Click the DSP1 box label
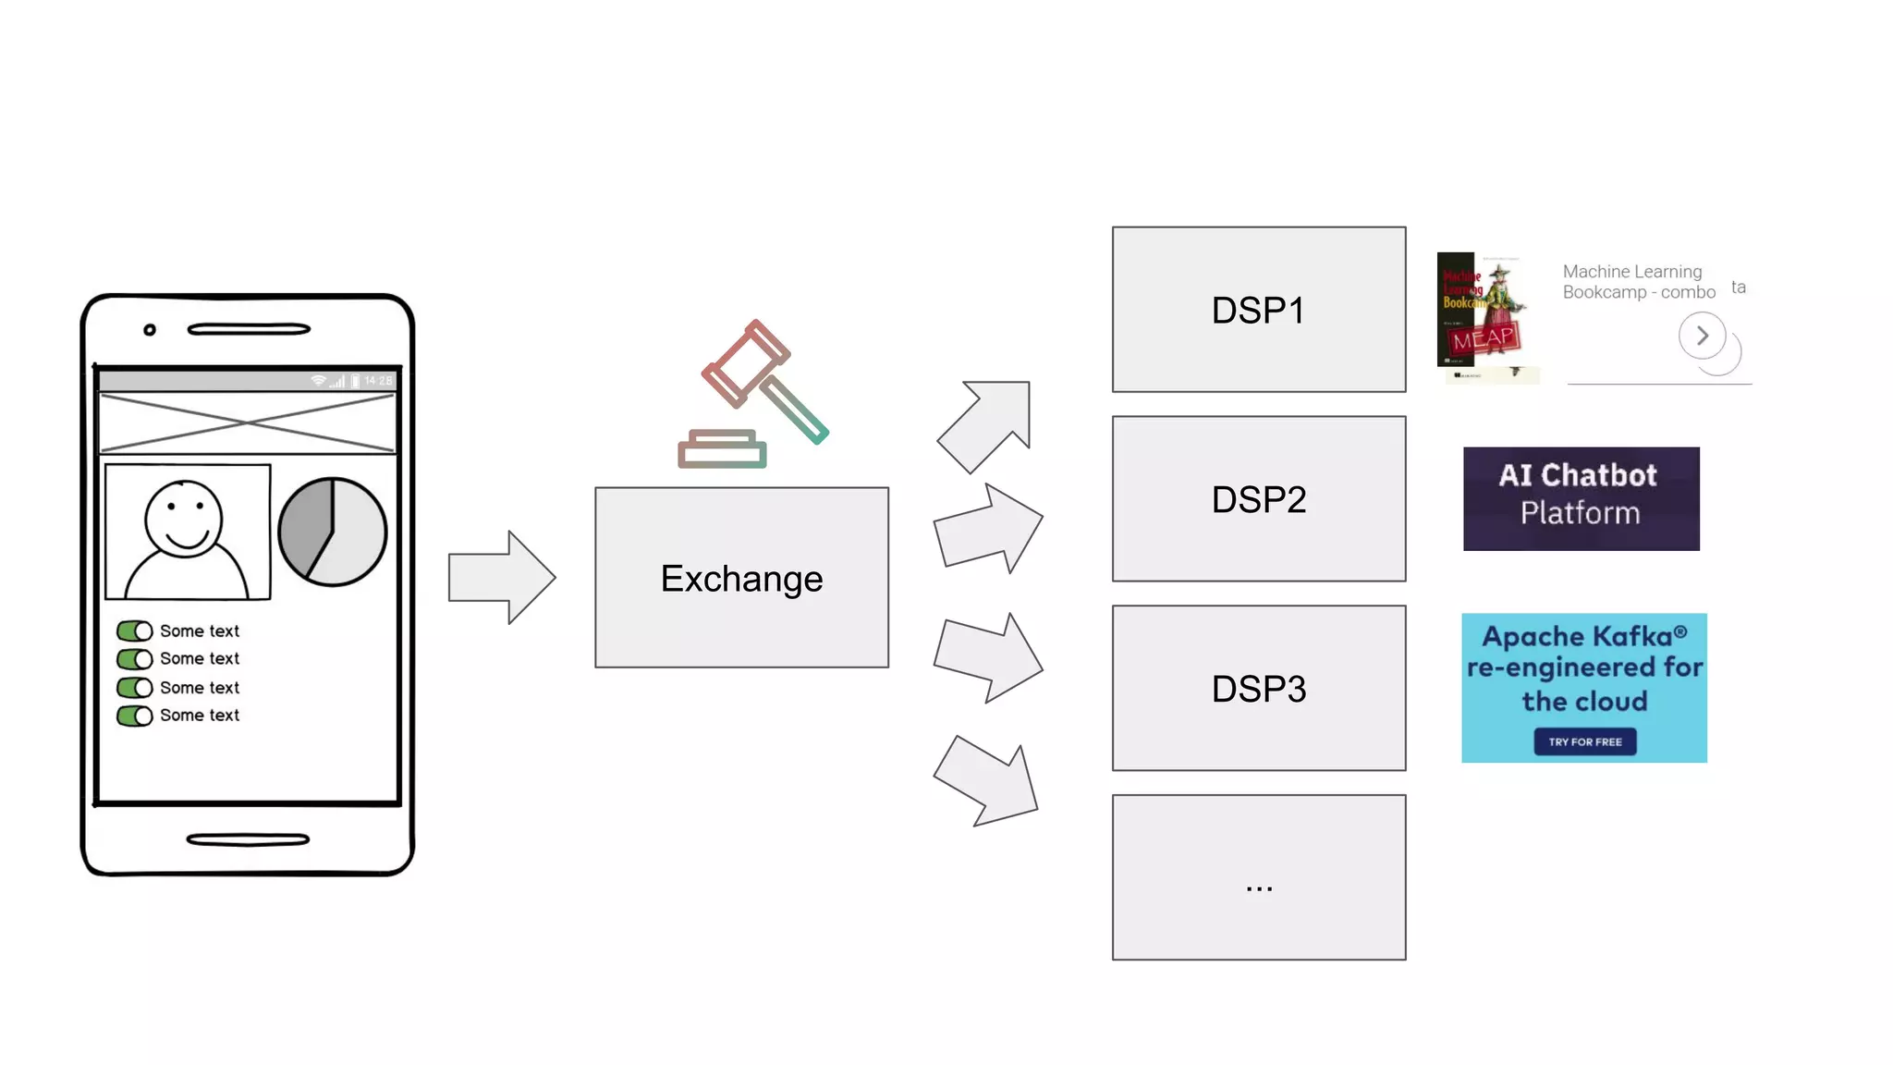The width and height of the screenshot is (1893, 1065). [x=1258, y=311]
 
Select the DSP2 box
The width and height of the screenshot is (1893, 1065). [x=1258, y=499]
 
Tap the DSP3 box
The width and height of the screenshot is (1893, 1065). [x=1258, y=689]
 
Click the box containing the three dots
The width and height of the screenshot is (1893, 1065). [x=1258, y=877]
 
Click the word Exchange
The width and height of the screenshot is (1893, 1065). [x=741, y=579]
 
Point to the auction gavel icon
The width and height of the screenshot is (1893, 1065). [x=753, y=394]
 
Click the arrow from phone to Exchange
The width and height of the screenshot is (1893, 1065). [x=501, y=578]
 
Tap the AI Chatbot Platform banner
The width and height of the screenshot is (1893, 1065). [x=1581, y=499]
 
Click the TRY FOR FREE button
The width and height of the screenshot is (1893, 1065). [x=1584, y=741]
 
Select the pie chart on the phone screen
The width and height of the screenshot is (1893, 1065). [x=332, y=532]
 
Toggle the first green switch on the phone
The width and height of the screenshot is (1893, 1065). [x=134, y=630]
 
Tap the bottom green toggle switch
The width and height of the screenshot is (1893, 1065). [x=134, y=716]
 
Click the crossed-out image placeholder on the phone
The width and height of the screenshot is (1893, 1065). [x=248, y=423]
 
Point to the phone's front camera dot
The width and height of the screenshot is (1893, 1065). [x=150, y=330]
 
